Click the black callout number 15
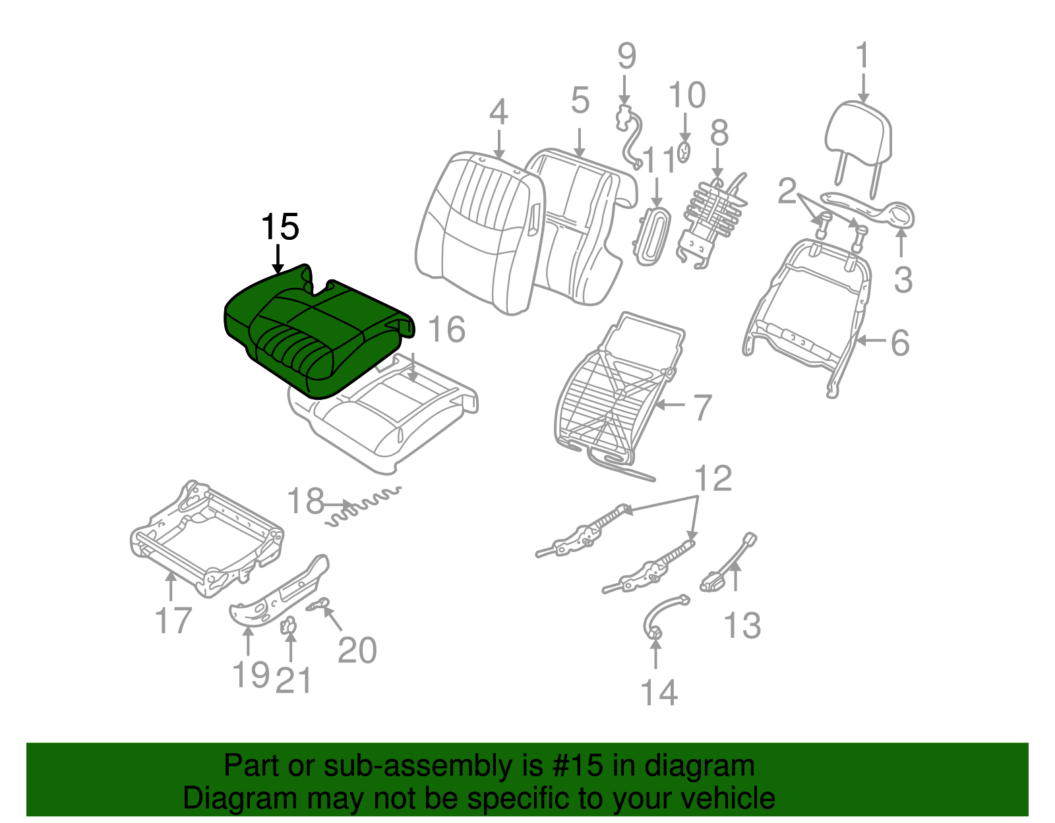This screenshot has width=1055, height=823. pos(280,227)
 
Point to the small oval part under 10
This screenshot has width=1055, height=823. pos(684,152)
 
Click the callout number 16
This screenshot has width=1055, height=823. pos(446,329)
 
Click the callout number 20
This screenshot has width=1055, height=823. pos(357,650)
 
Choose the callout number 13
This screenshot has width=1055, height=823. pos(742,626)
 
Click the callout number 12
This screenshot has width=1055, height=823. pos(713,478)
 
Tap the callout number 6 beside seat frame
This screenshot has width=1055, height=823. pos(900,343)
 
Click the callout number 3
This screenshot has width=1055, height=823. pos(903,280)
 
